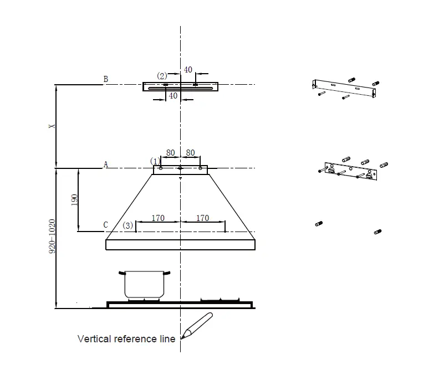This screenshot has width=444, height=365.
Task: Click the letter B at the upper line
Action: [105, 79]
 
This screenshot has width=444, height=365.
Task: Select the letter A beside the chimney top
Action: [105, 164]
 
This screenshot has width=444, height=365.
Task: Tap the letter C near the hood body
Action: [105, 225]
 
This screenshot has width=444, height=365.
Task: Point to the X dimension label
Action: [52, 126]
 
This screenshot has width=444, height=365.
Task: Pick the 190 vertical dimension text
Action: [74, 201]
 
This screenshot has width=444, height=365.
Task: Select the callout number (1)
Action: [155, 161]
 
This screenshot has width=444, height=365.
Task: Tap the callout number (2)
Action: [162, 76]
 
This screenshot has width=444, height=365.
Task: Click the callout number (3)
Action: [128, 225]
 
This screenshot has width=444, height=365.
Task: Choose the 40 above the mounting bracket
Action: [188, 70]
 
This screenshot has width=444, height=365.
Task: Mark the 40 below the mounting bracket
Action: [173, 96]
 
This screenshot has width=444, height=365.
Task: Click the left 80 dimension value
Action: [170, 152]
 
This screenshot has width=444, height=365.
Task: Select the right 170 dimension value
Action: [203, 218]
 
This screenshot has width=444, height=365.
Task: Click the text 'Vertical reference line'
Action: [126, 338]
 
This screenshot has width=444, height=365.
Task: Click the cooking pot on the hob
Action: [144, 284]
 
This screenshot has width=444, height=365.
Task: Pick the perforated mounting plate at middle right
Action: [351, 171]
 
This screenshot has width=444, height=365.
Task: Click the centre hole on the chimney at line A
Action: [180, 168]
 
